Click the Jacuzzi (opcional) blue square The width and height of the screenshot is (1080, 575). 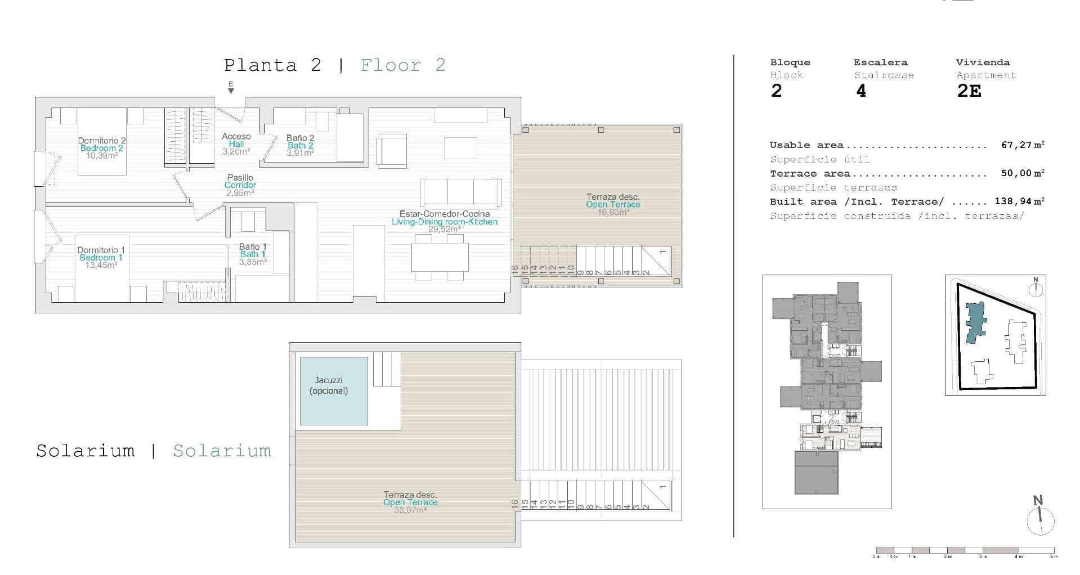coord(334,391)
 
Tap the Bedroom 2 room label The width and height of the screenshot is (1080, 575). coord(101,149)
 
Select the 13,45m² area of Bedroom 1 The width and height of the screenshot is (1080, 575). coord(101,265)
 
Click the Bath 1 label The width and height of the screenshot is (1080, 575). coord(253,254)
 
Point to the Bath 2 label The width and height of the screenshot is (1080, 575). coord(300,145)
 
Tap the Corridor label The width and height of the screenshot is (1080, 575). coord(240,185)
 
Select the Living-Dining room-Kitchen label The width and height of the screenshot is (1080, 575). coord(445,222)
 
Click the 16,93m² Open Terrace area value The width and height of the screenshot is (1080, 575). coord(613,212)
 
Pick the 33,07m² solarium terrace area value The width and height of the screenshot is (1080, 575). coord(410,510)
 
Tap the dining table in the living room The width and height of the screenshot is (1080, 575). coord(440,258)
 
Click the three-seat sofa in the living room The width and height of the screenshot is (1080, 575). coord(460,192)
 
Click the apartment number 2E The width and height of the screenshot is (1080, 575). coord(969,91)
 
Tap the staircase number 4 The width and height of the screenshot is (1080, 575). coord(861,91)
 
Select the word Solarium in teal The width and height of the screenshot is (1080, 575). coord(222,451)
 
